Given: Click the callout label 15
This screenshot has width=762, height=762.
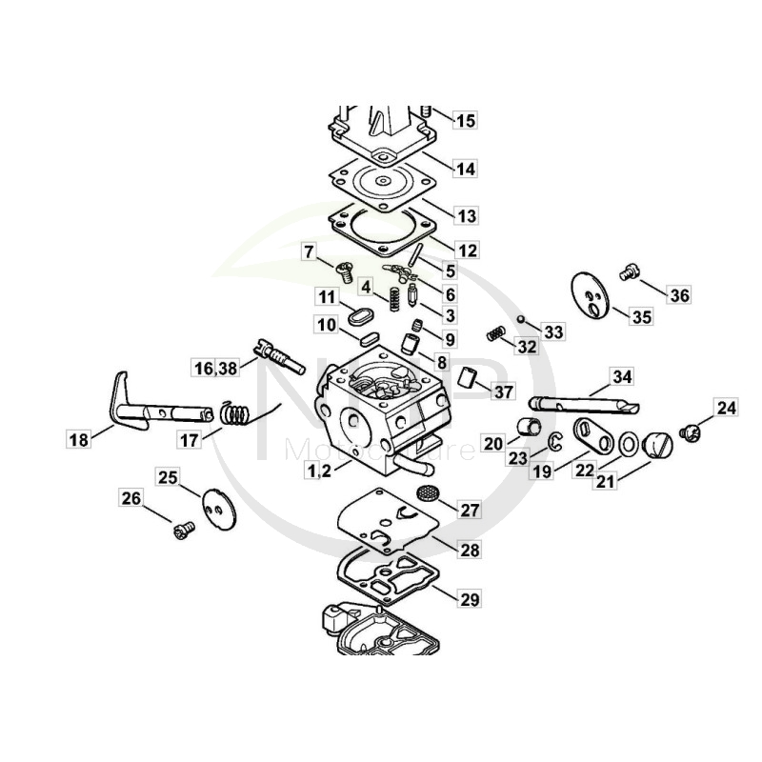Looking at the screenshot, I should (464, 121).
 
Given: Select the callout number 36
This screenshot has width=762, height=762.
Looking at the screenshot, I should (677, 295).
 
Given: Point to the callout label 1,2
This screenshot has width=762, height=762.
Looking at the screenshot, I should (319, 470).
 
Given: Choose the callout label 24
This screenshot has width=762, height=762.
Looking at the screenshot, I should (727, 409).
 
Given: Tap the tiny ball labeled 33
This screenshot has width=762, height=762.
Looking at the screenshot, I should (522, 318).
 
